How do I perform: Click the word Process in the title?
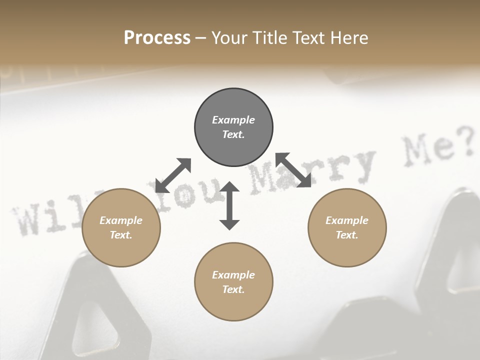157,38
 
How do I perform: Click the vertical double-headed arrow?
229,205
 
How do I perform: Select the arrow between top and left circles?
173,175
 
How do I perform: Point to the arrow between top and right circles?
293,170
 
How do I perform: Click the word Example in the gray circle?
233,120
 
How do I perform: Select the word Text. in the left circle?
121,235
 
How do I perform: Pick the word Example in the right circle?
347,220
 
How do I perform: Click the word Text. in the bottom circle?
233,289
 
